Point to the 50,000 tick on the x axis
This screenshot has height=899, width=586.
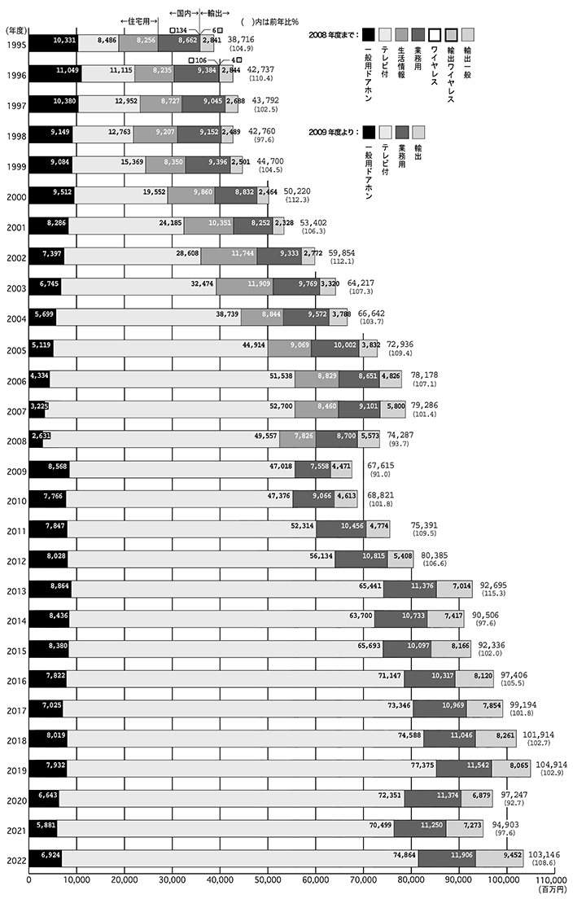267,879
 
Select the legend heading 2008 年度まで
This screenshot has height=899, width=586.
332,35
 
